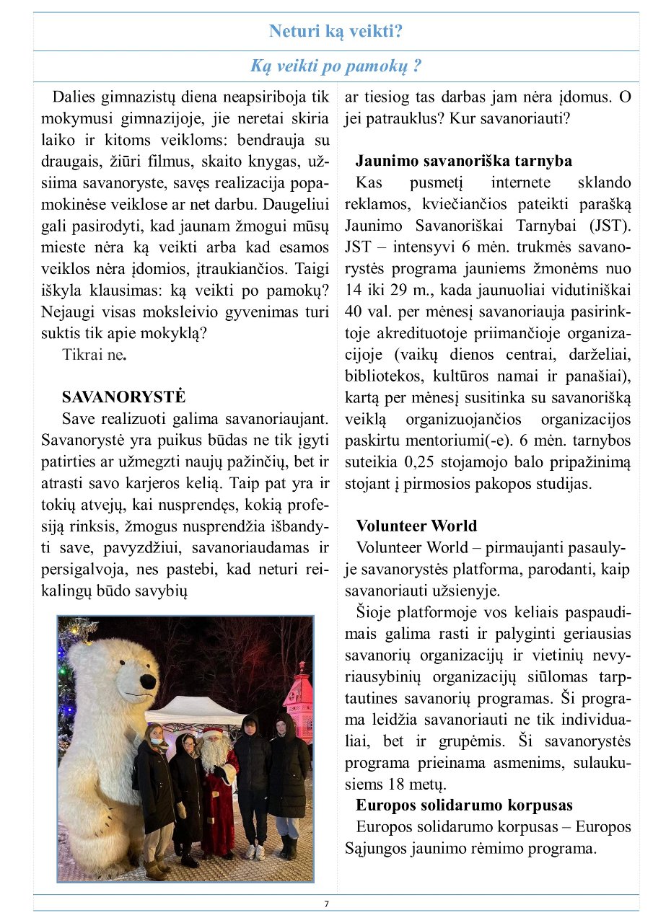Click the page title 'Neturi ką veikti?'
336,32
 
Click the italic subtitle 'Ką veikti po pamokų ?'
336,67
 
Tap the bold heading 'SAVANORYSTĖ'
124,397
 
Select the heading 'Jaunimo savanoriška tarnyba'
464,161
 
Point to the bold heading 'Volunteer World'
416,526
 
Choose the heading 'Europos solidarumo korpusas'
464,805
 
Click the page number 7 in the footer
326,904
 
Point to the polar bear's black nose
148,681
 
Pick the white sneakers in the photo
255,852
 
